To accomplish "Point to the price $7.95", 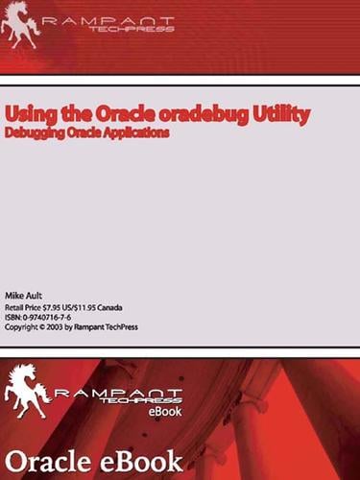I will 65,306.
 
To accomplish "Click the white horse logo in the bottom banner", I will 28,390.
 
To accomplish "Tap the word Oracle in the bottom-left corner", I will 44,458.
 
